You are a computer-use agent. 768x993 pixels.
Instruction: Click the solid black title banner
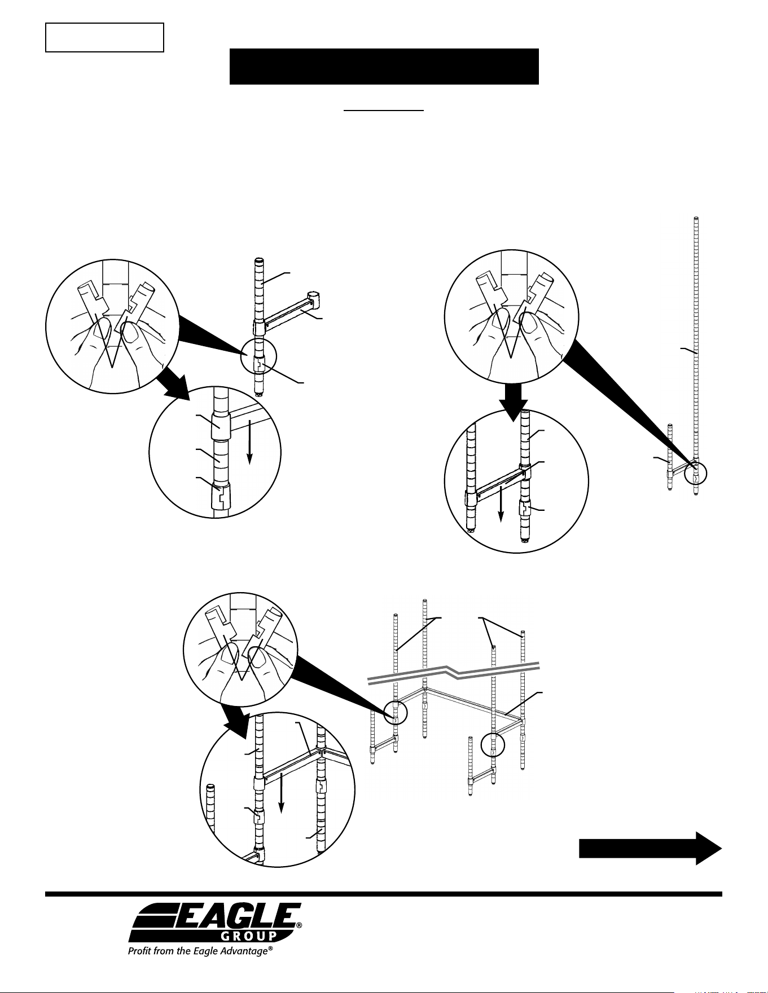[384, 67]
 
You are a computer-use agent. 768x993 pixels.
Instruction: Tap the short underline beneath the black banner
[384, 111]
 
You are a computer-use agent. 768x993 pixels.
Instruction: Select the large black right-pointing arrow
[651, 848]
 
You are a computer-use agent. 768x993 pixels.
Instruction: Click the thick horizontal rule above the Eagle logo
[384, 894]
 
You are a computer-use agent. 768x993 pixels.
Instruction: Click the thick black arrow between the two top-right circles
[513, 401]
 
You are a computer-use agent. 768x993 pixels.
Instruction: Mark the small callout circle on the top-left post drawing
[259, 357]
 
